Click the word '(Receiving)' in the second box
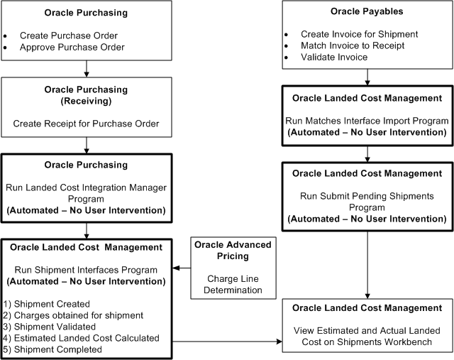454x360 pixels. (86, 101)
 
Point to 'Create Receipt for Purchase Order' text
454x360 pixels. (86, 124)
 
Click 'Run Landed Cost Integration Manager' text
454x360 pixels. (86, 186)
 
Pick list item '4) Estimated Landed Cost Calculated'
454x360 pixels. (81, 338)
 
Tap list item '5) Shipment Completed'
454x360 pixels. (51, 349)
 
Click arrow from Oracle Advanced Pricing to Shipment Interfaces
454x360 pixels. (181, 268)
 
